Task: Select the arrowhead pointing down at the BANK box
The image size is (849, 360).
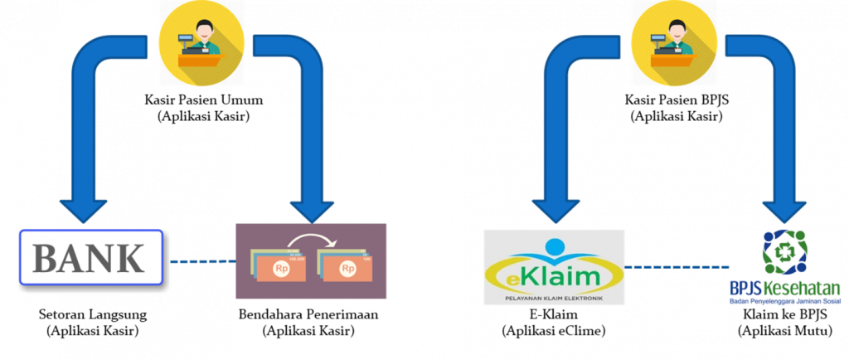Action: click(83, 207)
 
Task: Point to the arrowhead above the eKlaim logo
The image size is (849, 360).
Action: click(555, 207)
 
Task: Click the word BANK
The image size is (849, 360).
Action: click(89, 260)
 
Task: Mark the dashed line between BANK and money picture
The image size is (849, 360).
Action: click(203, 261)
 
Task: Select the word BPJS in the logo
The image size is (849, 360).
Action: click(745, 289)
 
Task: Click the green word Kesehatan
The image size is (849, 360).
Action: click(808, 289)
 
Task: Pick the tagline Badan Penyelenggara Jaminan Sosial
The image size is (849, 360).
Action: click(784, 302)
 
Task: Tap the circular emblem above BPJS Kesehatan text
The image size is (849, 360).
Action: click(784, 253)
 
